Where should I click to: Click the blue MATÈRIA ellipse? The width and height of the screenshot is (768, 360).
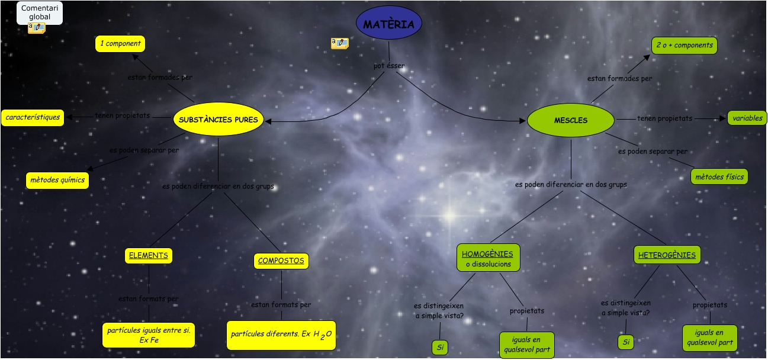click(389, 23)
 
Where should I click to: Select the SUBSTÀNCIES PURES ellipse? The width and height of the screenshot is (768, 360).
click(218, 120)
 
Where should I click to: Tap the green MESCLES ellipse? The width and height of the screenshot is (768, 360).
click(571, 120)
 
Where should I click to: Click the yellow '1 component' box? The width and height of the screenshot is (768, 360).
click(120, 44)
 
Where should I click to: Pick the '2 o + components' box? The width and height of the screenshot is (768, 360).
click(685, 46)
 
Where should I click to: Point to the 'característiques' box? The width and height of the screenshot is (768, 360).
click(33, 117)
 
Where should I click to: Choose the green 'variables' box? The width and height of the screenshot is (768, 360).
click(747, 118)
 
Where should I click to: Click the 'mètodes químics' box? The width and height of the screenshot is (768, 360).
click(57, 180)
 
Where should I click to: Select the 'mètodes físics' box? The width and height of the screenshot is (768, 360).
click(719, 176)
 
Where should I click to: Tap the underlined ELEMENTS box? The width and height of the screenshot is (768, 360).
click(149, 256)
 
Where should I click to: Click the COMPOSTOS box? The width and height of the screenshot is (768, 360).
click(281, 261)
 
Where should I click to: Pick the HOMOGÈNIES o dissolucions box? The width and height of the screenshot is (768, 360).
click(488, 258)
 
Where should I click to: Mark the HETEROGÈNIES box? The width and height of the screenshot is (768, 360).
click(667, 255)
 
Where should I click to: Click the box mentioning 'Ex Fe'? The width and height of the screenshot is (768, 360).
click(149, 335)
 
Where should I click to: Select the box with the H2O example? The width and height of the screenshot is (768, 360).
click(281, 335)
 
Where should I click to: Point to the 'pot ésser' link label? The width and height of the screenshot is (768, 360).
click(389, 66)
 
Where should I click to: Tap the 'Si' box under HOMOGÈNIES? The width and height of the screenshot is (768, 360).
click(440, 348)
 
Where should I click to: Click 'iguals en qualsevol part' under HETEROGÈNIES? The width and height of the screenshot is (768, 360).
click(709, 337)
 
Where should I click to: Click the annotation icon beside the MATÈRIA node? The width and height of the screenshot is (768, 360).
click(339, 43)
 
